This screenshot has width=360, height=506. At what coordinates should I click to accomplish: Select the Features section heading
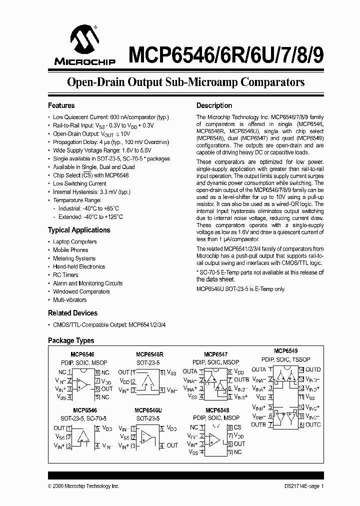[x=61, y=105]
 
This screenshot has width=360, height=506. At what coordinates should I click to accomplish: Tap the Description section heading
[x=214, y=105]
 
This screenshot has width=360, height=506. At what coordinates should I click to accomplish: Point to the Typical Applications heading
[x=79, y=230]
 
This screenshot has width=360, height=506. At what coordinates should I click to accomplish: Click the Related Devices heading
[x=72, y=313]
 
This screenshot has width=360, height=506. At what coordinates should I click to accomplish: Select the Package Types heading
[x=70, y=340]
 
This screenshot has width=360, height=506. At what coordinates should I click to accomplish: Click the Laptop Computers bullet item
[x=75, y=241]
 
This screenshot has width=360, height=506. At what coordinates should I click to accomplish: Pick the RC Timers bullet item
[x=65, y=275]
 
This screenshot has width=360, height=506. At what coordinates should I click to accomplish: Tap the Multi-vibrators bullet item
[x=69, y=300]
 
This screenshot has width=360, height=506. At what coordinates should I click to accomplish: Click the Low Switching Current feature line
[x=79, y=183]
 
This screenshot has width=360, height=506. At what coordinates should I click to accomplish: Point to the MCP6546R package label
[x=149, y=354]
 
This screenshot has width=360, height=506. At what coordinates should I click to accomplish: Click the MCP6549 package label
[x=286, y=351]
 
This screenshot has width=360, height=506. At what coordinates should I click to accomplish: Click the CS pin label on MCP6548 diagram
[x=237, y=427]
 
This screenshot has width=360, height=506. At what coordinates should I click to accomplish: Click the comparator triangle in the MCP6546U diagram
[x=147, y=436]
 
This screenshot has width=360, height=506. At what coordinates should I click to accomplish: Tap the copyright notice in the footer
[x=83, y=486]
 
